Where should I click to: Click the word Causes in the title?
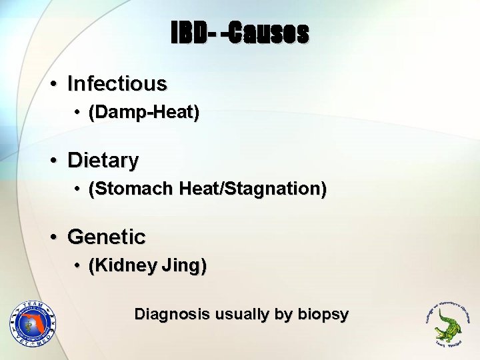[x=269, y=32]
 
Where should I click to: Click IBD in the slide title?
[x=187, y=32]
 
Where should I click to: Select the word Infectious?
[x=117, y=84]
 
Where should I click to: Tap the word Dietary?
[x=103, y=161]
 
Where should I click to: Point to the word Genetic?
[x=107, y=237]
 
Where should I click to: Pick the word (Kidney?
[x=122, y=266]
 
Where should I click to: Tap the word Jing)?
[x=183, y=266]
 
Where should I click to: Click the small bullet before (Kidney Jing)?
[x=78, y=267]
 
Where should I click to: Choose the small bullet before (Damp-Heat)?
[x=78, y=114]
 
